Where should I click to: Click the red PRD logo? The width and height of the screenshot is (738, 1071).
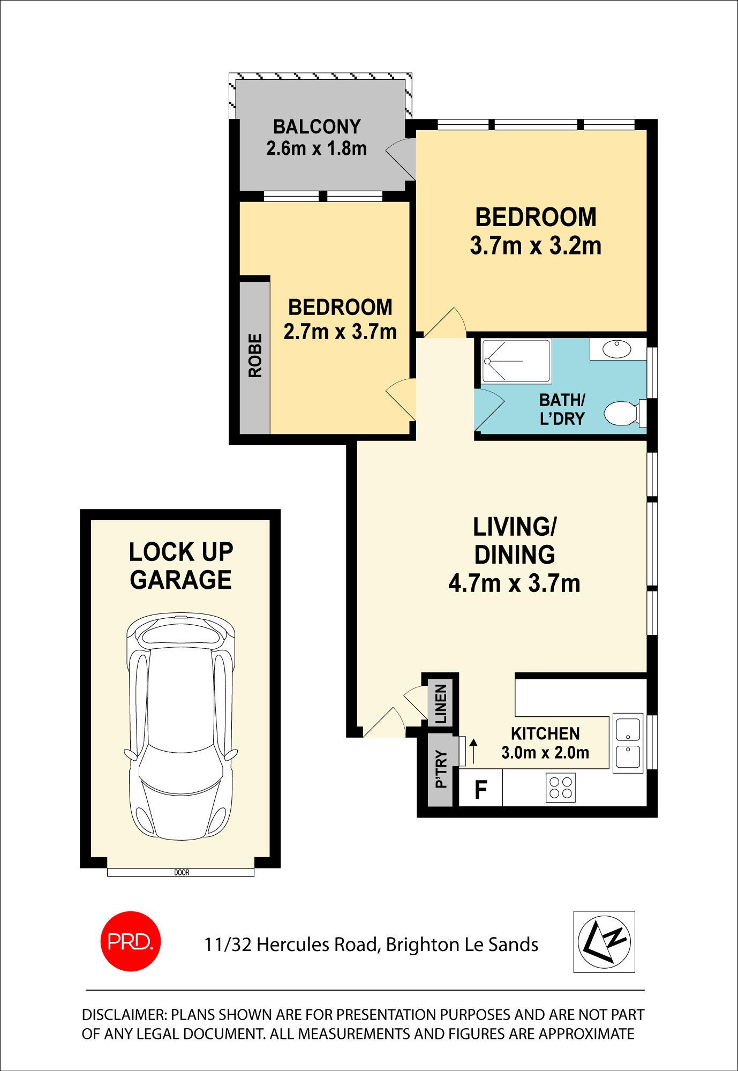coord(131,941)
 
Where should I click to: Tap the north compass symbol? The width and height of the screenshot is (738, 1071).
coord(604,942)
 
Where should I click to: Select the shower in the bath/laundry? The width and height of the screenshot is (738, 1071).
coord(516,361)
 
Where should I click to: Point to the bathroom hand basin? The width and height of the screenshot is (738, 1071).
coord(617,349)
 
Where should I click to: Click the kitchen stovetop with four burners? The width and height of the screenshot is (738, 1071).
coord(561,788)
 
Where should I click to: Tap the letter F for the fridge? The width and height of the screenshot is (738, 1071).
coord(481,790)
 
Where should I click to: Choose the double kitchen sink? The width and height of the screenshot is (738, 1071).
coord(628,743)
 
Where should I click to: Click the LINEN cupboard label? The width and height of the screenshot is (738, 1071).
coord(441,703)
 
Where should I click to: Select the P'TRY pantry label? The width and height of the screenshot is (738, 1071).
coord(441,769)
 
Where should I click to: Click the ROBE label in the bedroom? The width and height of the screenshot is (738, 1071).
coord(255,356)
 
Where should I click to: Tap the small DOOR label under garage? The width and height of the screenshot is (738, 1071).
coord(182,873)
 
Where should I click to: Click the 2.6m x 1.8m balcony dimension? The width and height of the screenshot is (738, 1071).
coord(317,148)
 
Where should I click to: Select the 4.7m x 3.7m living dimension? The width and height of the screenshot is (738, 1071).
coord(514,583)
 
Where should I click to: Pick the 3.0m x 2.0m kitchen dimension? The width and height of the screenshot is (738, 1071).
coord(545,753)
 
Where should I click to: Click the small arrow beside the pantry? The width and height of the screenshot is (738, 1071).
coord(473,751)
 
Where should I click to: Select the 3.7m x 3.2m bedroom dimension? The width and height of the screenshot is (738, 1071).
coord(536,246)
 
